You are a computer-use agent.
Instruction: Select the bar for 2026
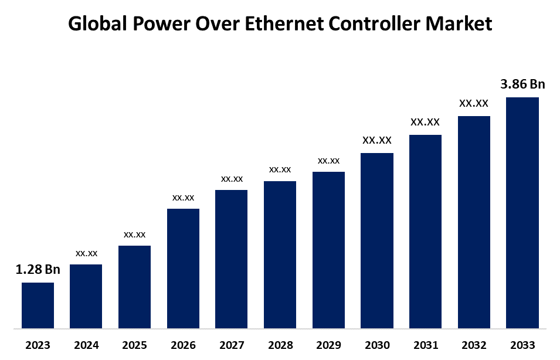coord(183,268)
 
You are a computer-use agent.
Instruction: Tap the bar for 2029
coord(328,250)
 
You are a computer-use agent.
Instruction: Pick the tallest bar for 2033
coord(522,212)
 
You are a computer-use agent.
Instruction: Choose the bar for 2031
coord(425,231)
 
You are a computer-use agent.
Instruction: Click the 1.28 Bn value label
coord(38,270)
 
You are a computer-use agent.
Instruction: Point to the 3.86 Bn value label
coord(522,84)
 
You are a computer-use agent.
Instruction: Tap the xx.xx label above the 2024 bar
coord(86,253)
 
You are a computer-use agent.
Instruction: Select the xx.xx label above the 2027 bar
coord(232,179)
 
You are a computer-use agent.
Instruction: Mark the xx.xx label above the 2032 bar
coord(474,103)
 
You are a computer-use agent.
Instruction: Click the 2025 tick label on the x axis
coord(134,345)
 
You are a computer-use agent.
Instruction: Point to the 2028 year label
coord(280,345)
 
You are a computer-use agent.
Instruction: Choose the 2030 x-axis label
coord(377,345)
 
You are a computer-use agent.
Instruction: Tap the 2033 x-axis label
coord(522,345)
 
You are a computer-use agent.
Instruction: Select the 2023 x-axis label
coord(38,345)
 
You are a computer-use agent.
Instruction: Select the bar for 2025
coord(134,287)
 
